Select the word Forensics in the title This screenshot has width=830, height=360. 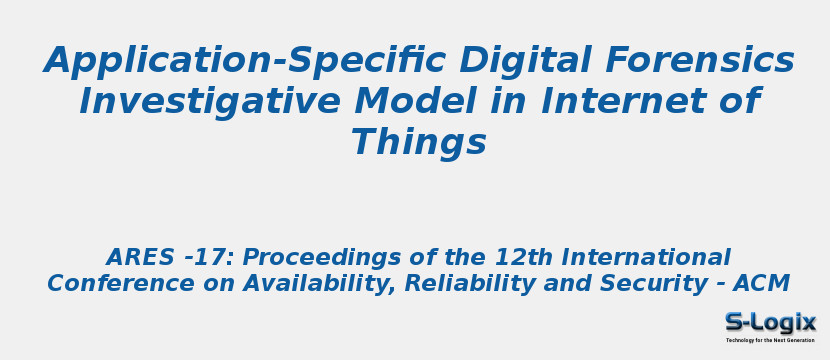point(700,62)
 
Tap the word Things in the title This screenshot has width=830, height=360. point(419,143)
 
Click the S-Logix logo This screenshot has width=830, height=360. point(770,322)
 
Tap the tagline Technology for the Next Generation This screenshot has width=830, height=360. point(770,340)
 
